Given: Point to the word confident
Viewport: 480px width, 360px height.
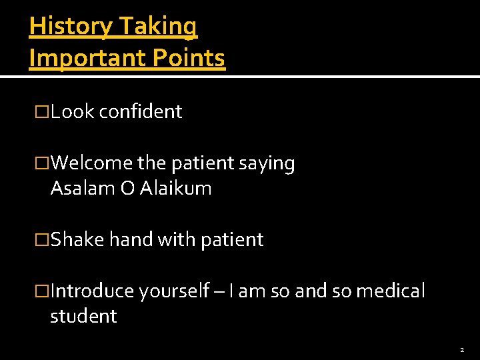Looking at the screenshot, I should point(140,112).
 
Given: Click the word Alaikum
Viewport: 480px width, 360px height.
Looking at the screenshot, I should point(176,189).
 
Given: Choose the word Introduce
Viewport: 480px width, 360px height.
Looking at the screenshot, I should point(93,291).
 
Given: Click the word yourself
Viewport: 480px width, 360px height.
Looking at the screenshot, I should point(174,292).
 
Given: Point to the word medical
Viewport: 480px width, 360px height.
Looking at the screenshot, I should point(391,291).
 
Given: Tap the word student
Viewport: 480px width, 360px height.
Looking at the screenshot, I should point(83,316).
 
